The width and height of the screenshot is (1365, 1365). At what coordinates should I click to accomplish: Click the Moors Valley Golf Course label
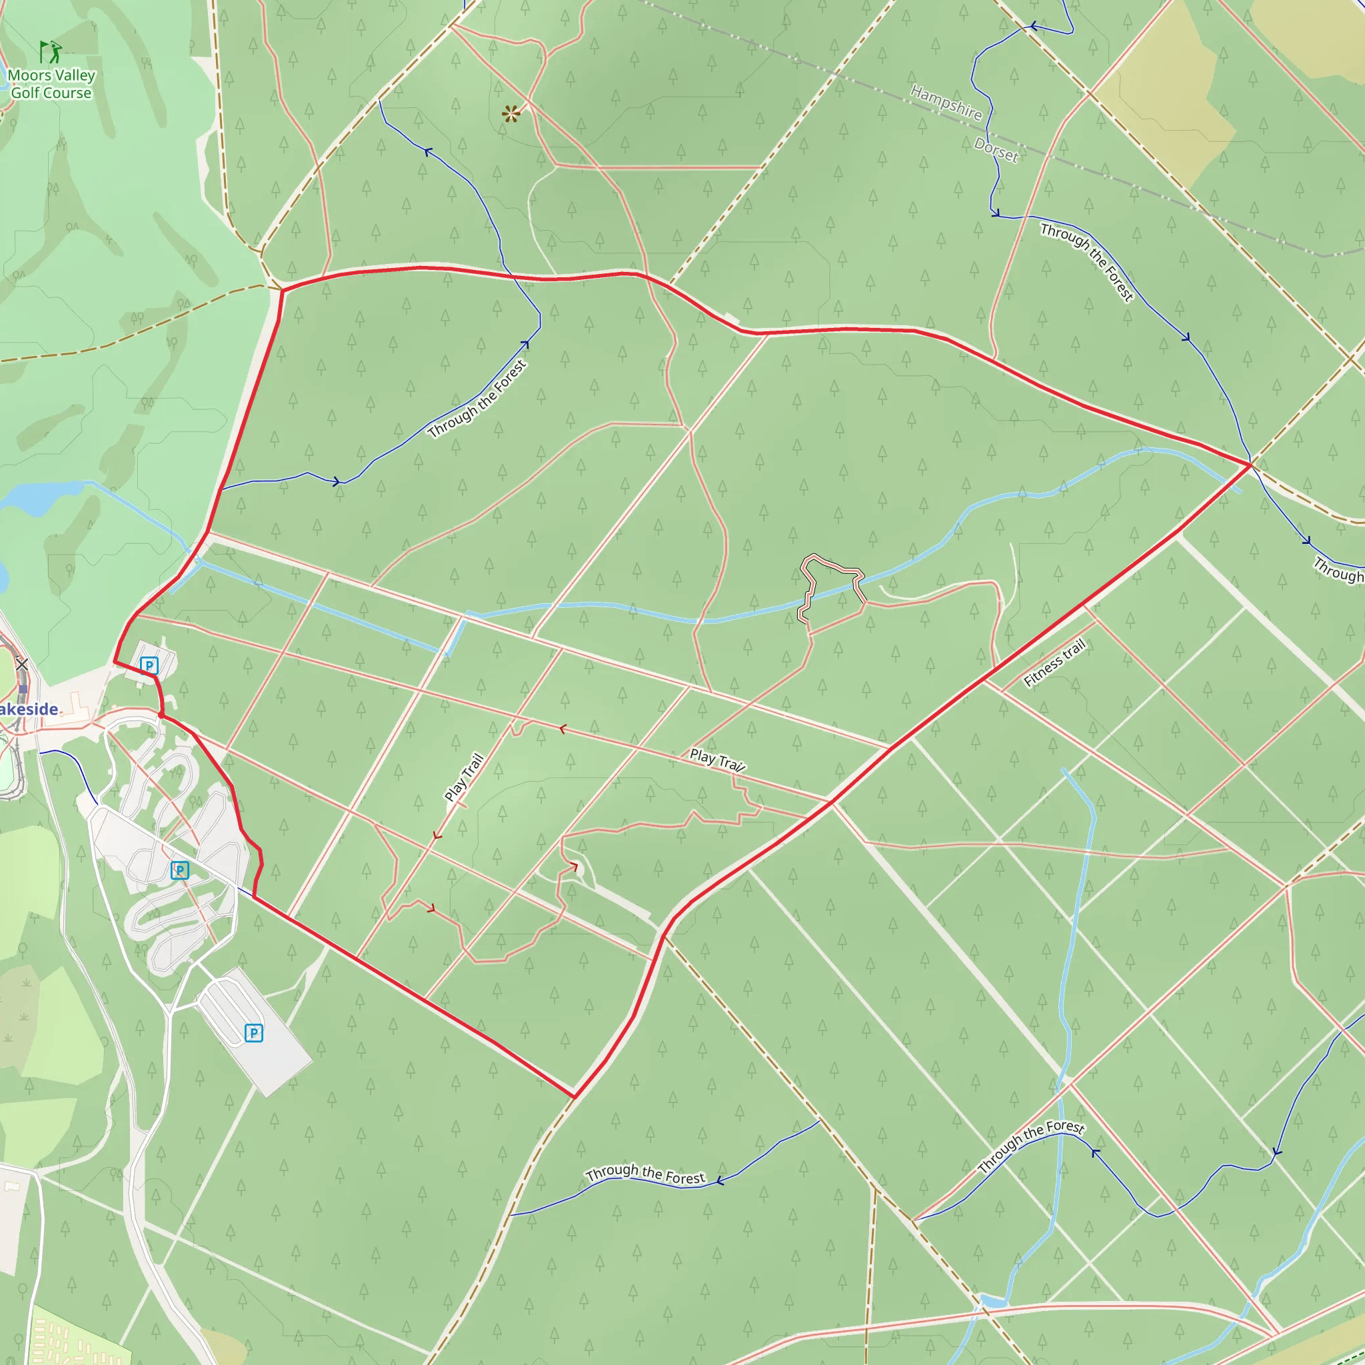tap(51, 83)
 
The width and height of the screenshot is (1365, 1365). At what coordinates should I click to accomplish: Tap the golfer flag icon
tap(49, 51)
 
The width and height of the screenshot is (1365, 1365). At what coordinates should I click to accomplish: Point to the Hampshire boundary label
tap(945, 103)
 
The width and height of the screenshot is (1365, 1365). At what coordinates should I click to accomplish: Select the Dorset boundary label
tap(996, 150)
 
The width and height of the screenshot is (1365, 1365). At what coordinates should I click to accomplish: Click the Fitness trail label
tap(1054, 663)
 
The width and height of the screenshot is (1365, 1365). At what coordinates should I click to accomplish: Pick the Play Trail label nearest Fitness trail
tap(717, 760)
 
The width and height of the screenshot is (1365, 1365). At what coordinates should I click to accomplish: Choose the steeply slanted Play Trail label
tap(464, 777)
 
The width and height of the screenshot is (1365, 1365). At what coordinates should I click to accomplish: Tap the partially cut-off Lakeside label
tap(29, 709)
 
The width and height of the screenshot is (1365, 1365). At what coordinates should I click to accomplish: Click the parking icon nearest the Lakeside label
tap(149, 665)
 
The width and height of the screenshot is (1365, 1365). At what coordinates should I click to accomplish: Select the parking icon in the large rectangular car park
tap(254, 1033)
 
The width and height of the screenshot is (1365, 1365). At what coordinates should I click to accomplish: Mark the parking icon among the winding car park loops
tap(179, 870)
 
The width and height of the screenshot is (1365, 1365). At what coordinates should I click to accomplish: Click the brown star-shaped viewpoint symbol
tap(511, 113)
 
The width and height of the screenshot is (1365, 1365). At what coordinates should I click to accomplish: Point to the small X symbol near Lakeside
tap(22, 664)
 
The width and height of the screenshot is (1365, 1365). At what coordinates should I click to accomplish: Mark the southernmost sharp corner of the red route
tap(575, 1097)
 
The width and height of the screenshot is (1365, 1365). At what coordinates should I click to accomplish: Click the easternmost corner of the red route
tap(1251, 465)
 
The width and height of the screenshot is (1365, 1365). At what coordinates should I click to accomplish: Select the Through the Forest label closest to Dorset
tap(1086, 261)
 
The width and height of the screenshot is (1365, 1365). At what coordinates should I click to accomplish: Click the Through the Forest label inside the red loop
tap(478, 399)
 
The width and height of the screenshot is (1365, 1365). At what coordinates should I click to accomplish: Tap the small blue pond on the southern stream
tap(992, 1301)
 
